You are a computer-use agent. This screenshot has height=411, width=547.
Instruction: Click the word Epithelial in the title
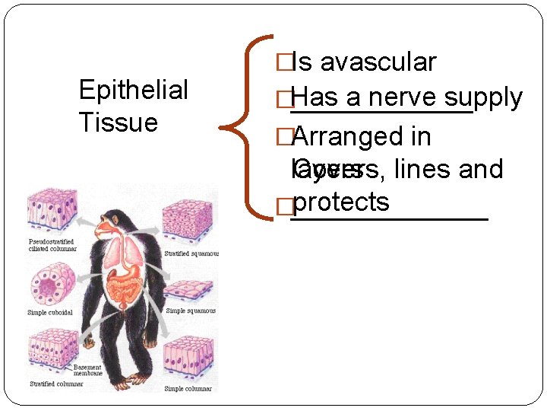(133, 91)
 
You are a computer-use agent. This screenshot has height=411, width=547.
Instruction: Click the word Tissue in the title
(118, 123)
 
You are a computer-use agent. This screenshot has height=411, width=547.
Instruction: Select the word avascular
(378, 62)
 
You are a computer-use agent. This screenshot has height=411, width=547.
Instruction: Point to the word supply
(484, 98)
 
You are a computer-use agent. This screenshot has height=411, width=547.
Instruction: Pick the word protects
(340, 202)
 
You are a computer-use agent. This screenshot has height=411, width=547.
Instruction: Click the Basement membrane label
(87, 370)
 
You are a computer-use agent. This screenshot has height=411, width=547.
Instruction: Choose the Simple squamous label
(191, 311)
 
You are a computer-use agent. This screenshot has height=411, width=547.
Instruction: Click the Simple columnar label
(188, 389)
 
